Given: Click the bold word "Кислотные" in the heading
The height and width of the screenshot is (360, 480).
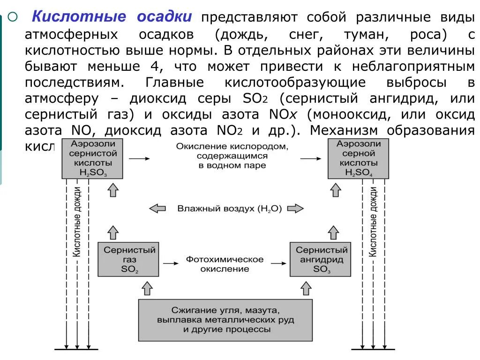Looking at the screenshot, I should (x=79, y=17).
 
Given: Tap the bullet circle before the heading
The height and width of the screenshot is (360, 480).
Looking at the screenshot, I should (x=13, y=17).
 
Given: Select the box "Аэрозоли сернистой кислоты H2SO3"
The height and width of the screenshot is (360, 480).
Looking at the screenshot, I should (x=92, y=158).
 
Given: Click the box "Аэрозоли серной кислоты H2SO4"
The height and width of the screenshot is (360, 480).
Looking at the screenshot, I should (x=358, y=158).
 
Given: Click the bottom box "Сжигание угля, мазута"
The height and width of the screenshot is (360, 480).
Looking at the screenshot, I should (x=225, y=320).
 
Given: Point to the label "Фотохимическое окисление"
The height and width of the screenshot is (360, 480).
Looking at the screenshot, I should (x=225, y=264).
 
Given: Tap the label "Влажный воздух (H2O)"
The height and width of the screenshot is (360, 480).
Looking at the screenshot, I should (x=229, y=209).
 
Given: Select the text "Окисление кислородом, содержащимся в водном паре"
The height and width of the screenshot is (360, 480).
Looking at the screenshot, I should (x=232, y=156).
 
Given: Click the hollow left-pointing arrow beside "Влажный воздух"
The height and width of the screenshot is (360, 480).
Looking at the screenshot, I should (x=157, y=209).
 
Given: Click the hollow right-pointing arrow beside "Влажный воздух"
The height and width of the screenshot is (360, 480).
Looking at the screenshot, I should (x=295, y=209).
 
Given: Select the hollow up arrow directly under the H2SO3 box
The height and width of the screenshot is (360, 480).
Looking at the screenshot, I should (x=112, y=190).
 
